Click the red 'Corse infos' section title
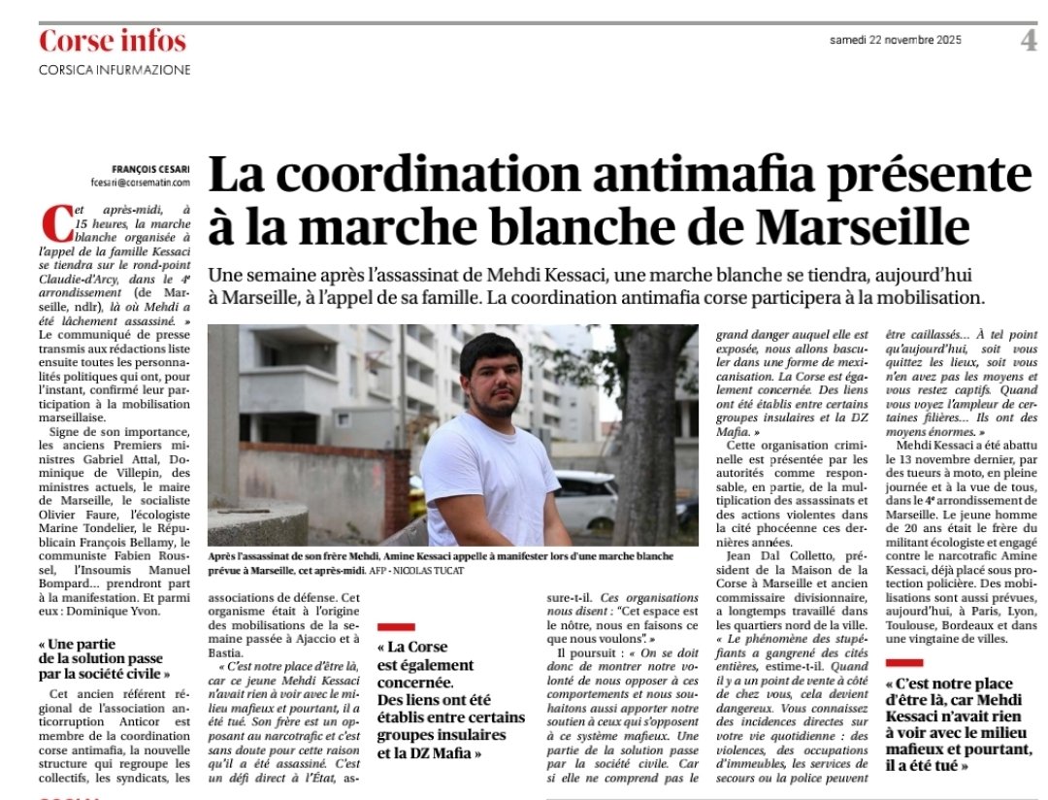(x=112, y=42)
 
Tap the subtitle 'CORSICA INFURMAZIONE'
(x=115, y=70)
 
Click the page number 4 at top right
(x=1028, y=41)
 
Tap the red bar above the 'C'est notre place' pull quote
(x=904, y=662)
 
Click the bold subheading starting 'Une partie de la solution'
(x=105, y=659)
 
